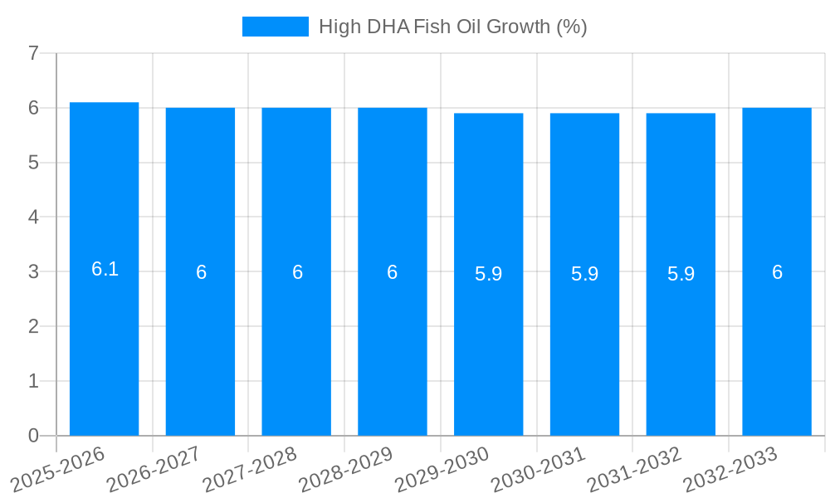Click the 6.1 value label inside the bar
[105, 269]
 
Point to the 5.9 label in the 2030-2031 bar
[584, 274]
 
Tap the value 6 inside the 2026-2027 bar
[201, 272]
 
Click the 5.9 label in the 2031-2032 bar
[681, 274]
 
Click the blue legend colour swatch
[275, 27]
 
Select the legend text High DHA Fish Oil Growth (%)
[452, 27]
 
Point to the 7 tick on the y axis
[33, 54]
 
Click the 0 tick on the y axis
[33, 436]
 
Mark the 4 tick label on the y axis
[33, 217]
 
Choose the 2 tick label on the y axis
[33, 326]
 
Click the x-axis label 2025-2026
[59, 467]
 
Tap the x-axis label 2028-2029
[347, 467]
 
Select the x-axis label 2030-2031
[539, 467]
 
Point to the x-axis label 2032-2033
[731, 467]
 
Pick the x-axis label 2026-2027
[155, 467]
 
